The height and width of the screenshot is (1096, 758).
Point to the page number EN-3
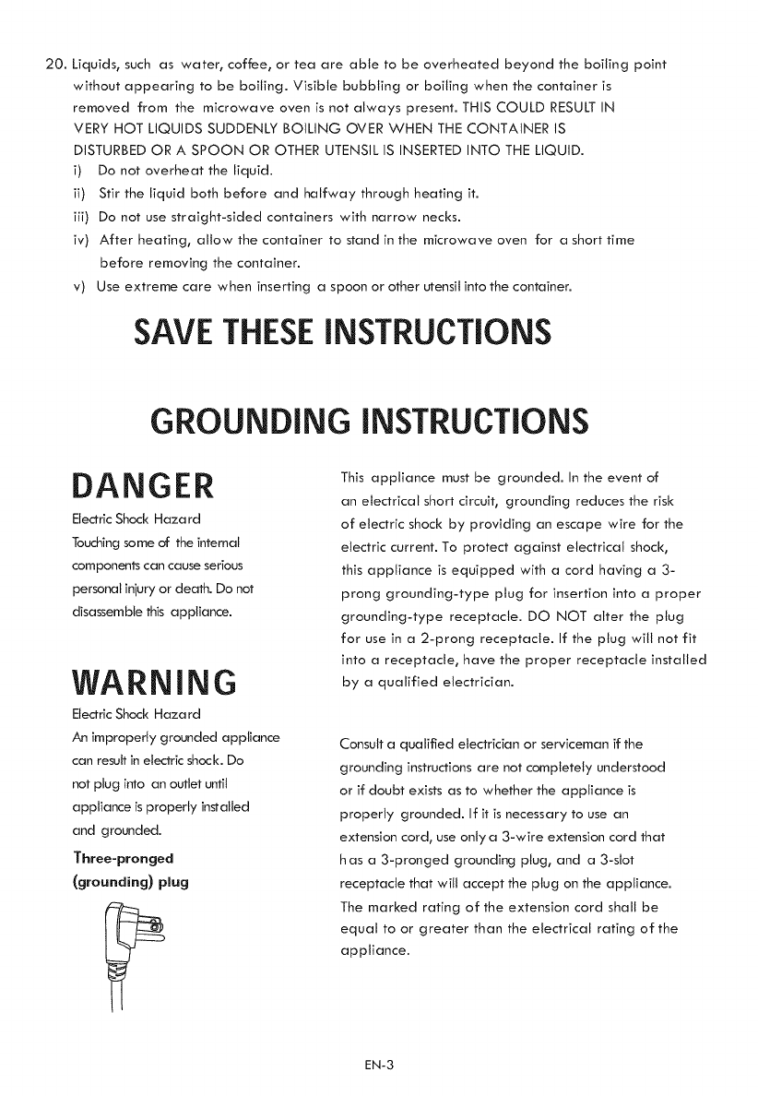(379, 1066)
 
